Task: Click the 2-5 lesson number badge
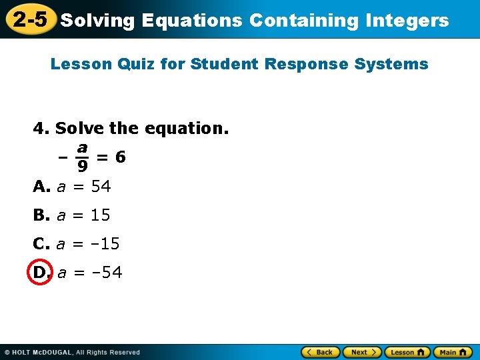29,20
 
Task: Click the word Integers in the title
407,21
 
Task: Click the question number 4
39,127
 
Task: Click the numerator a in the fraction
81,147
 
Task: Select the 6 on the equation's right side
120,157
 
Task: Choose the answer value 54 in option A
101,187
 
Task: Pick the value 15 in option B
101,215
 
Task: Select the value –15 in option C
105,244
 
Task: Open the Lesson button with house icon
407,352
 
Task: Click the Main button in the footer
452,352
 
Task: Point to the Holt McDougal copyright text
73,352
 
